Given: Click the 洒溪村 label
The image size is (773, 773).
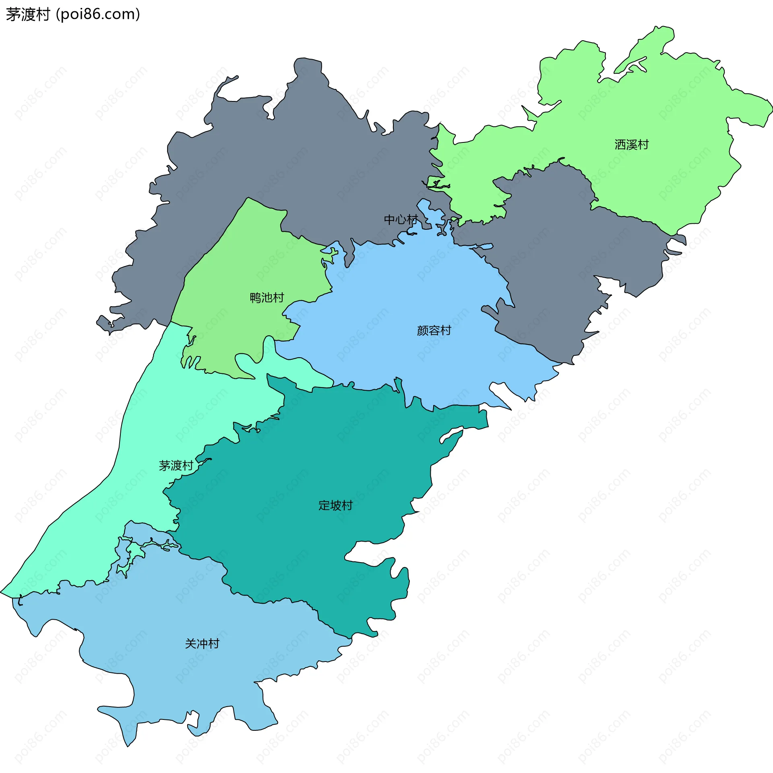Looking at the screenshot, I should tap(631, 144).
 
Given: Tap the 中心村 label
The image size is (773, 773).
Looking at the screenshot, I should tap(401, 219).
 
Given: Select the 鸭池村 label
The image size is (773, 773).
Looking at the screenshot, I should tap(267, 297).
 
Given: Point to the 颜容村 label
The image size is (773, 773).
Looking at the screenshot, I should tap(434, 330).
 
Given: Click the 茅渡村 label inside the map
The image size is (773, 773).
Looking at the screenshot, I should tap(176, 466).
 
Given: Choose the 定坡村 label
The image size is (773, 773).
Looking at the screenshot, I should tap(335, 505).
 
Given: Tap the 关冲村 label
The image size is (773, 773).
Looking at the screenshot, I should tap(202, 643).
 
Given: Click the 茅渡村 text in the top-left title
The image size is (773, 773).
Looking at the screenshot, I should tap(27, 14).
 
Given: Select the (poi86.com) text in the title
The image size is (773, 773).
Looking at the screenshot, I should tap(98, 14).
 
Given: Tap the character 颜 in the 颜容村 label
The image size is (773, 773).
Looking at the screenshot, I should tap(422, 330).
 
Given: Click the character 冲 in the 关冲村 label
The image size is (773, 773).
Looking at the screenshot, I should tap(202, 643).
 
